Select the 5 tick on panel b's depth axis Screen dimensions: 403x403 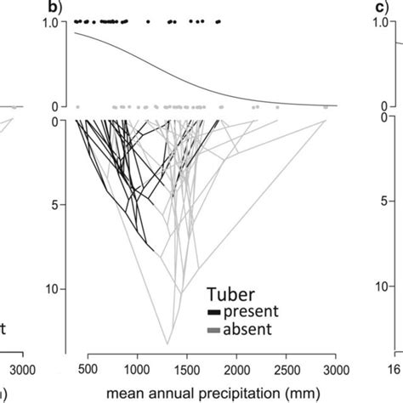[53, 204]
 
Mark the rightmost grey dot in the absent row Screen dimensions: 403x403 [325, 107]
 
